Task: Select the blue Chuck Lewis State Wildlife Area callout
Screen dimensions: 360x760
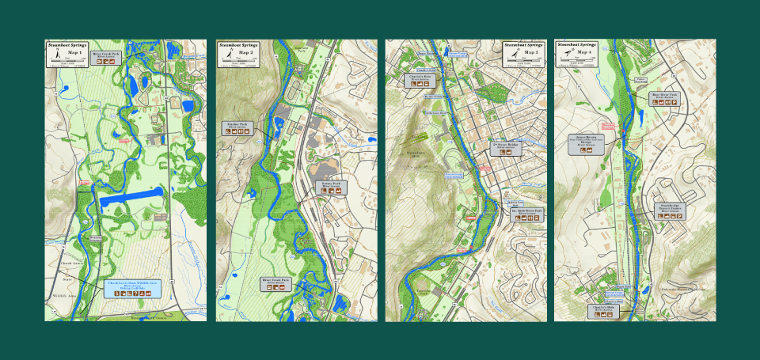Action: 132,288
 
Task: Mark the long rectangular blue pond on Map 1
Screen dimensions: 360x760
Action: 131,194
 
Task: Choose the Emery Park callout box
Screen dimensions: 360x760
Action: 332,188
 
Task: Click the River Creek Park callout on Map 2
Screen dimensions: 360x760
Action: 276,283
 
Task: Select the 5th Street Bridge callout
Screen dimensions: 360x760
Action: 506,149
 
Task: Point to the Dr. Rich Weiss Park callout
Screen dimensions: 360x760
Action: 526,214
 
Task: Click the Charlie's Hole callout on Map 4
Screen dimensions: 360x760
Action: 606,311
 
